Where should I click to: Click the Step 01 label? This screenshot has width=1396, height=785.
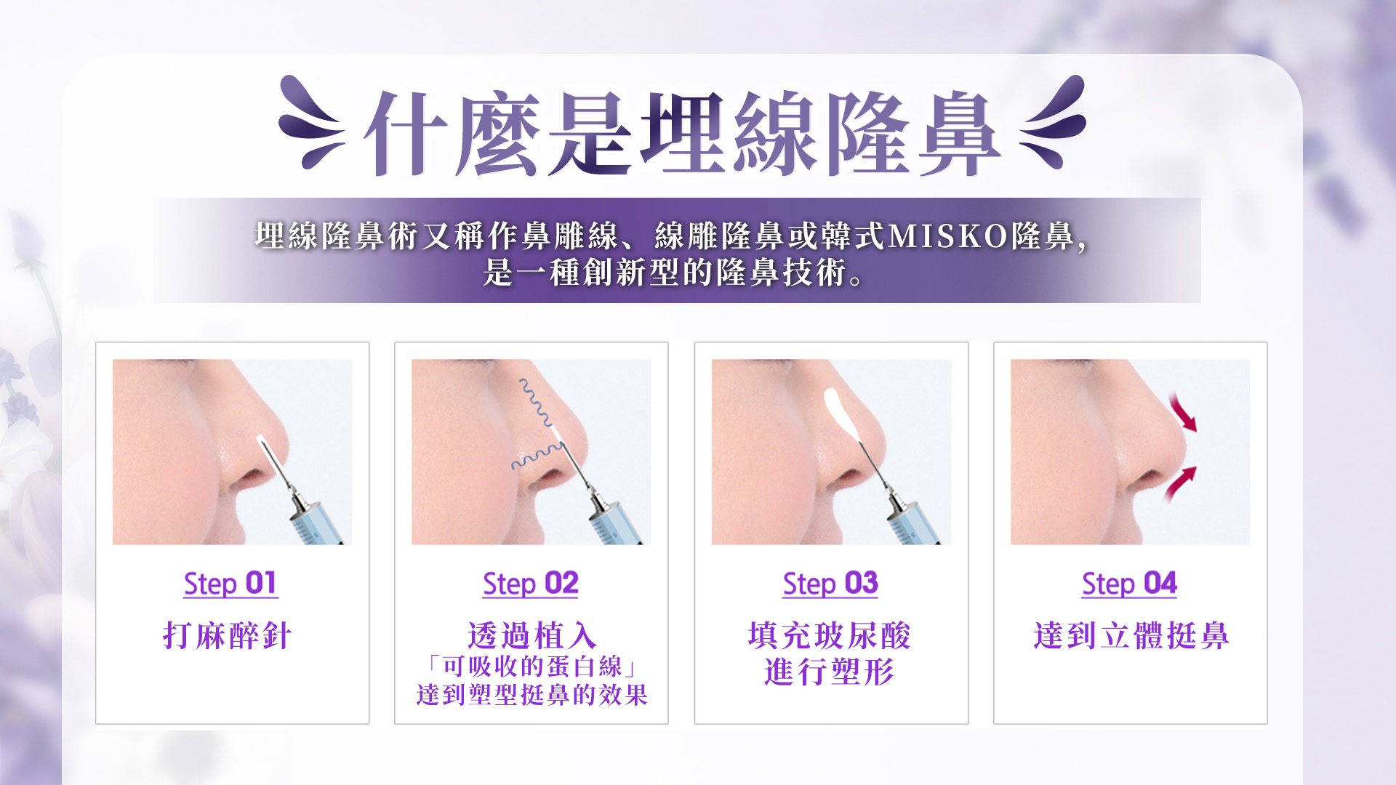coord(230,584)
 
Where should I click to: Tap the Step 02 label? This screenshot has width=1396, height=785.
coord(530,584)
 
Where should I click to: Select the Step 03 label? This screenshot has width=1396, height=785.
coord(830,584)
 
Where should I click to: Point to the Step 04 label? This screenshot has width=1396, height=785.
coord(1129,584)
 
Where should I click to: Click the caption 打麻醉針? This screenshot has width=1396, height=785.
coord(228,636)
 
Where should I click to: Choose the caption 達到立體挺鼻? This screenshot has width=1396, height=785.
coord(1131,636)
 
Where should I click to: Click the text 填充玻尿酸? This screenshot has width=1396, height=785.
coord(830,636)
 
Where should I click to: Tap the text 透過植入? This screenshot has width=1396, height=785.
coord(531,636)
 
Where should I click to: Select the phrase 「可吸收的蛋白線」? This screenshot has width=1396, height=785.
coord(531,667)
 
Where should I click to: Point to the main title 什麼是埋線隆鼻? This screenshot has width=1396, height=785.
coord(682,134)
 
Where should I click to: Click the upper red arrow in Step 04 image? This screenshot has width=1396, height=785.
coord(1182,412)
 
